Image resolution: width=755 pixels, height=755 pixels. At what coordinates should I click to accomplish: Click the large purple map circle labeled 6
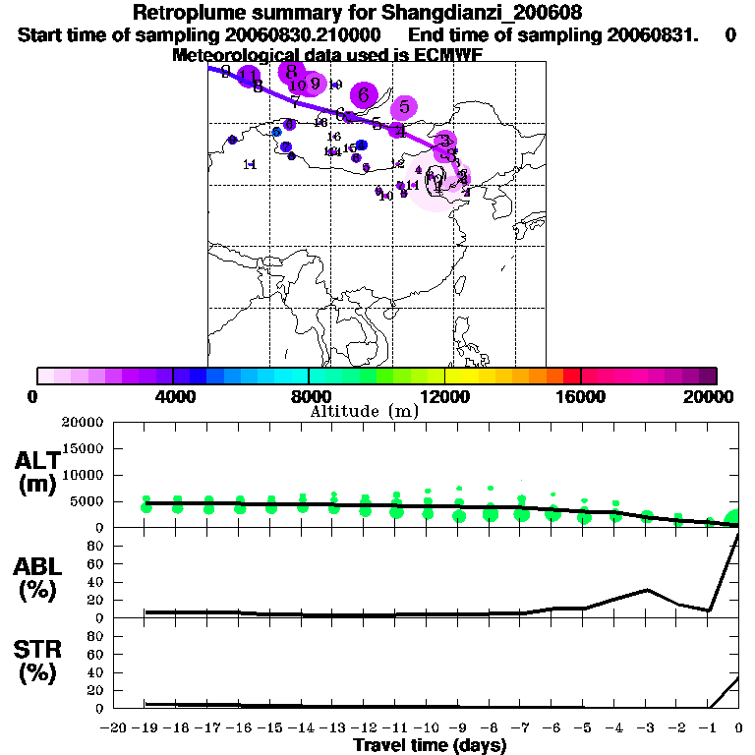[x=364, y=95]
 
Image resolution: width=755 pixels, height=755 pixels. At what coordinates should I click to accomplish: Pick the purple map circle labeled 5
[x=404, y=107]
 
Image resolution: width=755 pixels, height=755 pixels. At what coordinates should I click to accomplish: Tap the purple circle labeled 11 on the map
[x=249, y=77]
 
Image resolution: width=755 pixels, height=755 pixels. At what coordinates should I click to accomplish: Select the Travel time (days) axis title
[x=430, y=745]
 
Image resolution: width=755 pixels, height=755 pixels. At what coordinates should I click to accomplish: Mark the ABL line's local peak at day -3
[x=646, y=590]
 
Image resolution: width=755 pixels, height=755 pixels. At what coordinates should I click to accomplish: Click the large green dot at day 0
[x=734, y=519]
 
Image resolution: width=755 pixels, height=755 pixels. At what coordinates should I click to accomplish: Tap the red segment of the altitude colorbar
[x=571, y=376]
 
